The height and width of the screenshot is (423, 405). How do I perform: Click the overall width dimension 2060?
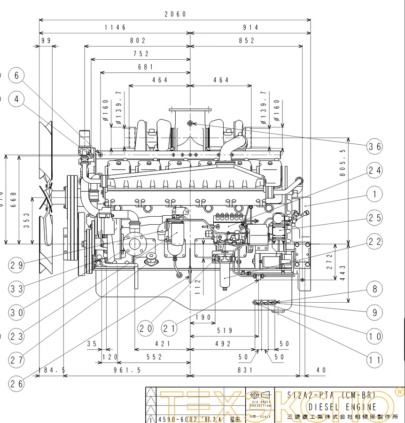175,15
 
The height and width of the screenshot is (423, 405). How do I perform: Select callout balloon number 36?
374,147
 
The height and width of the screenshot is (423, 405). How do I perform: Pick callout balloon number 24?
374,170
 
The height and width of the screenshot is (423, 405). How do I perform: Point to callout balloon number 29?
16,265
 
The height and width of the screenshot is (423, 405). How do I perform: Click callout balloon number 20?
146,328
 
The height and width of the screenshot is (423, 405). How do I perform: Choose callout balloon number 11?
374,360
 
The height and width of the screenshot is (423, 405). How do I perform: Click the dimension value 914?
250,28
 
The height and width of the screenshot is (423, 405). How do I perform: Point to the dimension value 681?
146,67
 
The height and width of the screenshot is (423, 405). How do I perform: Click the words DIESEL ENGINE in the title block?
343,407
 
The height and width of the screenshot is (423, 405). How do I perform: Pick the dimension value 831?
245,370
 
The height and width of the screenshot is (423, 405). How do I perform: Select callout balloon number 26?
16,384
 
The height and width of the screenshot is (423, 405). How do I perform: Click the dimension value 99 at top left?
46,41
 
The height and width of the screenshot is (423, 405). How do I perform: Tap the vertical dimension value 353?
27,220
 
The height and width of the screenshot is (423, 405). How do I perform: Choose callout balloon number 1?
374,194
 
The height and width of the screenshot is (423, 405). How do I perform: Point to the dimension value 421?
162,344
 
